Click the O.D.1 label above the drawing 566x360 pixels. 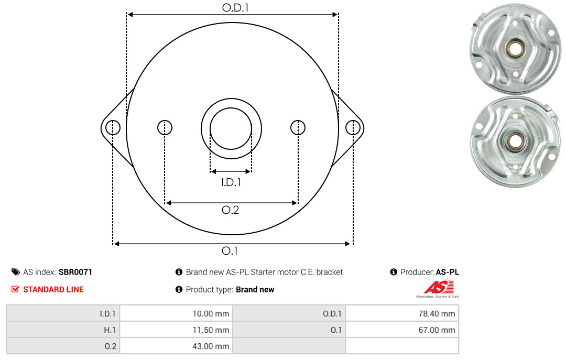point(235,7)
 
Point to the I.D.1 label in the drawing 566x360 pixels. point(231,182)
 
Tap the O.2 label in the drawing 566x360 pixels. point(230,210)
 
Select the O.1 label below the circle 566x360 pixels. point(230,250)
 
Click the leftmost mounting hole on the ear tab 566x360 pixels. point(113,127)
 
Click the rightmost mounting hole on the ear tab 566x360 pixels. point(353,127)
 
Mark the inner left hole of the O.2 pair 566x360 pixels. point(165,127)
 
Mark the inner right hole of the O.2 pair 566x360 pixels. point(298,127)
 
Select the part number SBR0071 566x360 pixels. point(75,272)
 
